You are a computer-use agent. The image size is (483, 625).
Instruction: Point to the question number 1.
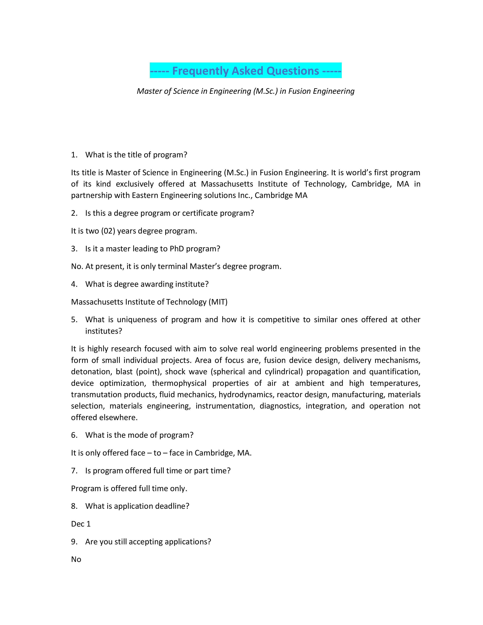(74, 155)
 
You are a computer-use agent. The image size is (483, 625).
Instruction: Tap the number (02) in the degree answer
(108, 231)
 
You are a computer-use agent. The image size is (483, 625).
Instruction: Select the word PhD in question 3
(177, 249)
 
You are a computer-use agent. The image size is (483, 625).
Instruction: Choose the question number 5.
(74, 320)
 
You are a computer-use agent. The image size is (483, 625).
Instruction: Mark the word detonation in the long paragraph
(91, 372)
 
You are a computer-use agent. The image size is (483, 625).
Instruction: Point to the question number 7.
(74, 471)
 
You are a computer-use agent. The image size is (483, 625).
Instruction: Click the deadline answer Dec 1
(81, 524)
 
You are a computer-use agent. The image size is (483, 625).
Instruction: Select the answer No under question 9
(76, 559)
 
